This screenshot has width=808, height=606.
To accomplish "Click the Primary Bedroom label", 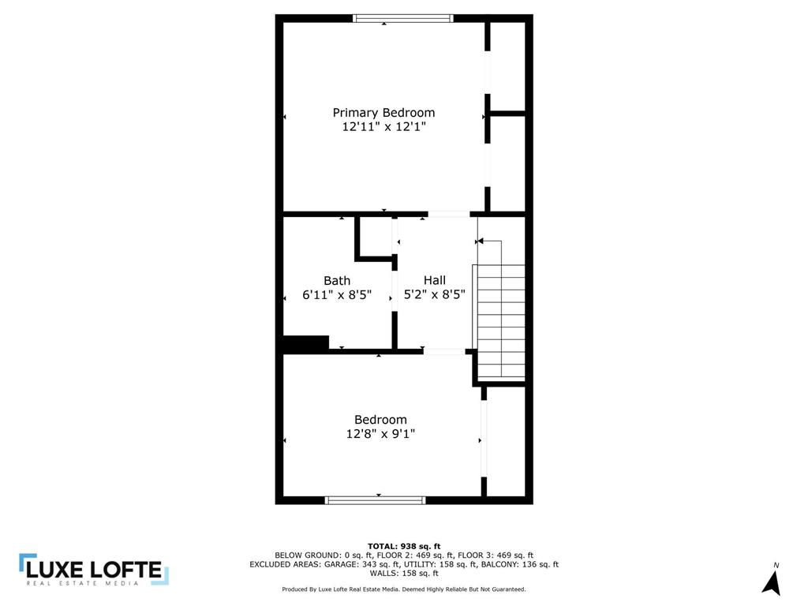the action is (x=383, y=113).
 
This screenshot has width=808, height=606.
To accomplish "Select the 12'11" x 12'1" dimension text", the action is (x=384, y=126).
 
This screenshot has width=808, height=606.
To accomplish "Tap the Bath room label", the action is (x=337, y=281).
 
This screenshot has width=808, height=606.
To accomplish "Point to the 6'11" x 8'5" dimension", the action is (x=337, y=295).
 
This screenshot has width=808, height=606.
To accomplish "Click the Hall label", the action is (x=435, y=280).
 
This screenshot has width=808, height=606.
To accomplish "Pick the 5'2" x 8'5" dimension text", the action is (x=435, y=294).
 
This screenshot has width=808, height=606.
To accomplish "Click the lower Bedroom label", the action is (x=380, y=420).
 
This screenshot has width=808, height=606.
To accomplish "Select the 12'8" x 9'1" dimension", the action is (x=380, y=434).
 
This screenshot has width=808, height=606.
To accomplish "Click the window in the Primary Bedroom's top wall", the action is (x=403, y=19).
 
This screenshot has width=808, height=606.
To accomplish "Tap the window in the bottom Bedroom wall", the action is (x=376, y=499).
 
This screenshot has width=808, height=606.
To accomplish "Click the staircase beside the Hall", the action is (x=501, y=322).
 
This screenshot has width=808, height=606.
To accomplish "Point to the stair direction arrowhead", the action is (x=480, y=241).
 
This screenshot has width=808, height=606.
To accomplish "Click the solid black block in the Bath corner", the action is (x=306, y=344).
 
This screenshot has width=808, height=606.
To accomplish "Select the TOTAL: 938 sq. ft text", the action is (x=404, y=546).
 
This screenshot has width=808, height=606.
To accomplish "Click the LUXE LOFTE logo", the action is (x=94, y=570).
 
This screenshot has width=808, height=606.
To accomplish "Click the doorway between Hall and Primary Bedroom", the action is (x=449, y=214).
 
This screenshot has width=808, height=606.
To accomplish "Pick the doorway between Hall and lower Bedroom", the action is (x=444, y=351).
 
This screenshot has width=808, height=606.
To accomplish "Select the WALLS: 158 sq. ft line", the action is (x=404, y=573).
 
